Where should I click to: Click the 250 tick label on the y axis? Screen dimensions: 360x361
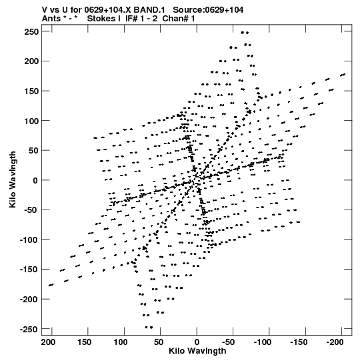point(32,32)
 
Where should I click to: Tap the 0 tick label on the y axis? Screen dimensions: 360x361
point(35,180)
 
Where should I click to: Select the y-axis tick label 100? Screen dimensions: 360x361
point(32,121)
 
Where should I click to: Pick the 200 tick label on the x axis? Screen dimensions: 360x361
point(48,342)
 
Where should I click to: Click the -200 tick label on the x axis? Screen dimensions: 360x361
point(335,342)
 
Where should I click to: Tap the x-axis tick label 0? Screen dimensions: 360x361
point(197,342)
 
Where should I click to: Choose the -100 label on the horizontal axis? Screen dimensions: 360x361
point(263,342)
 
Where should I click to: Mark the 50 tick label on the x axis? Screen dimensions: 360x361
point(158,342)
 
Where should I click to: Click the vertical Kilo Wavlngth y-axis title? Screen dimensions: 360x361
point(13,179)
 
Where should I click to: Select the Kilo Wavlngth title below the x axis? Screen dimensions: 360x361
point(197,351)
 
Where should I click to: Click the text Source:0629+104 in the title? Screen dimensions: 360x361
point(208,10)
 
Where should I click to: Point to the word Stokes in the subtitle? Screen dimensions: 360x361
point(103,19)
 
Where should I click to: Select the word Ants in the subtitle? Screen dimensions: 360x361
point(51,19)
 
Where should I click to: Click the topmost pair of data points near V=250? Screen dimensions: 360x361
point(245,33)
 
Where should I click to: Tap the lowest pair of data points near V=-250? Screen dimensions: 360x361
point(149,327)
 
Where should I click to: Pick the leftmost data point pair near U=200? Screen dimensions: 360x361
point(51,285)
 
